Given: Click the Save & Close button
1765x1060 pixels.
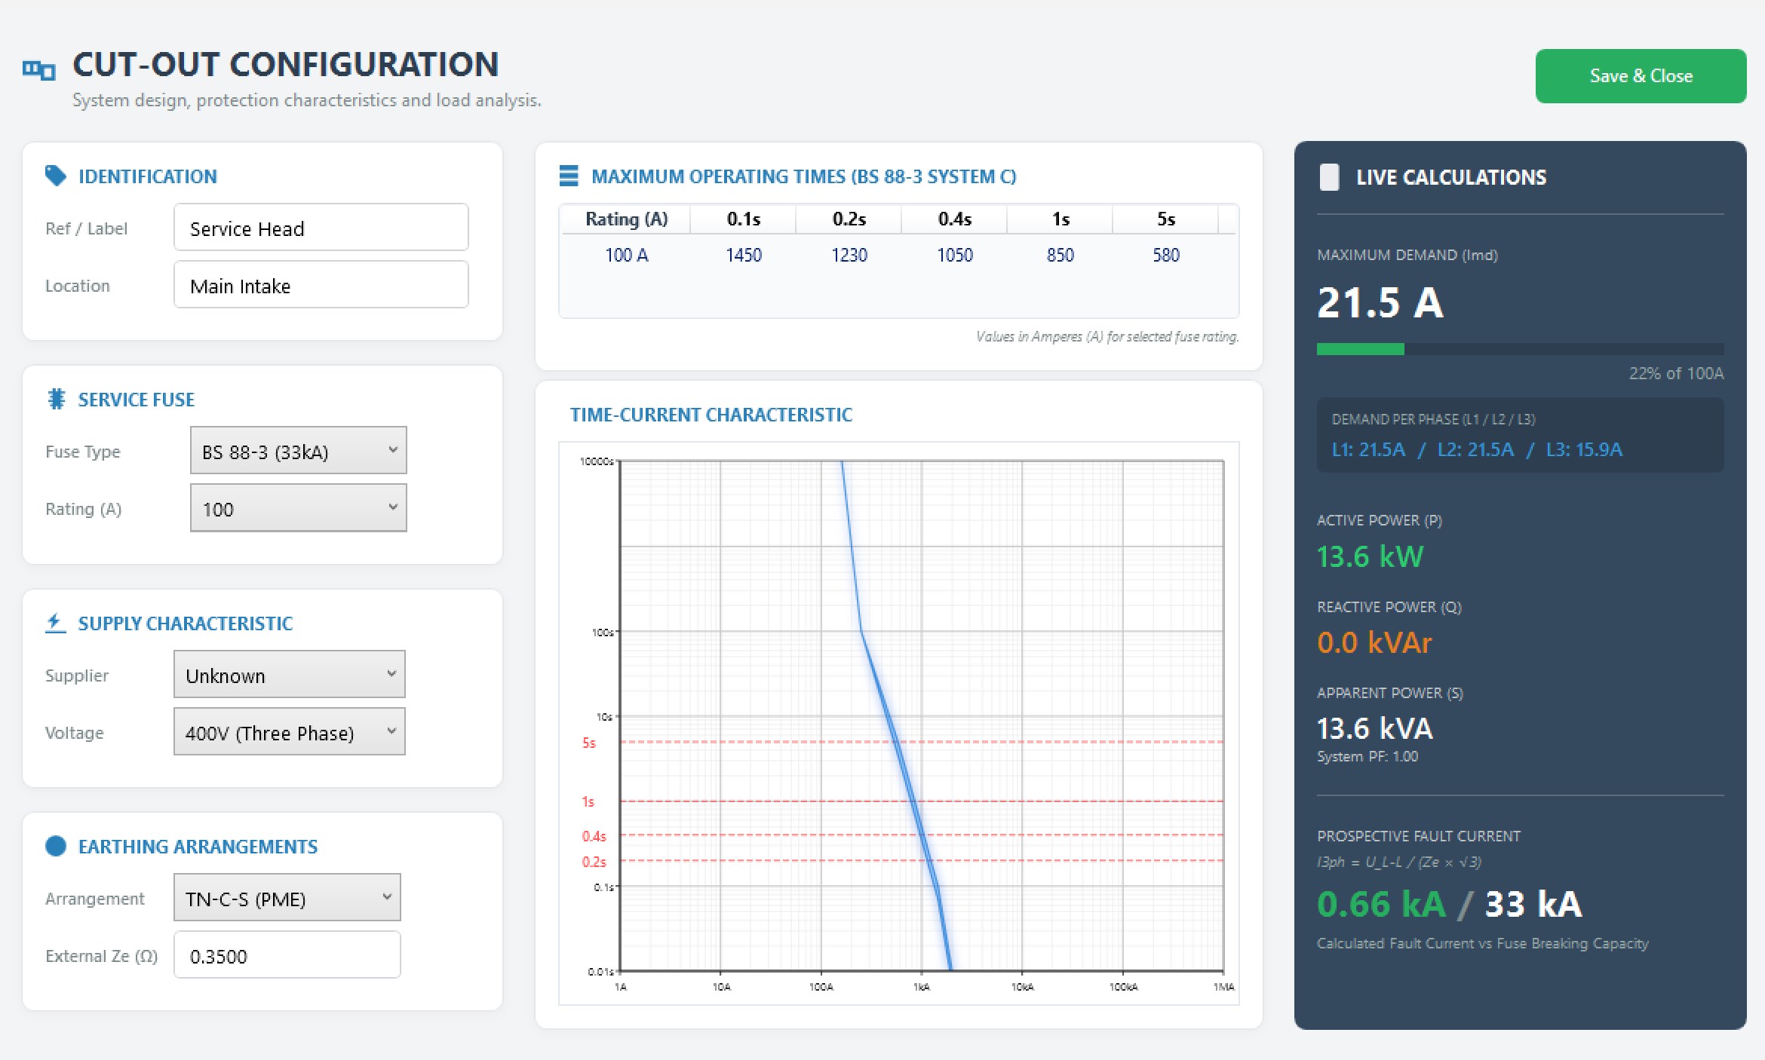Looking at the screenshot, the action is point(1641,76).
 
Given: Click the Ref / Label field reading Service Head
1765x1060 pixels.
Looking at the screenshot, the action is point(321,228).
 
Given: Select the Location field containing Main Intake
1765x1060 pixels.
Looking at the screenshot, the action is point(321,285).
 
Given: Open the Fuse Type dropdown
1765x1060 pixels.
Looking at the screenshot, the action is point(299,451).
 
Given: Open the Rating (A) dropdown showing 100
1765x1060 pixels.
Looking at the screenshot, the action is point(299,508).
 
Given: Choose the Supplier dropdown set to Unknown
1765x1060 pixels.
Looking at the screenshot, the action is point(290,675).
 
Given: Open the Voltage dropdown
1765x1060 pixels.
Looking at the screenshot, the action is point(290,732).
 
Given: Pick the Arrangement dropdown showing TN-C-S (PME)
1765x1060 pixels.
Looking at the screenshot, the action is point(287,898).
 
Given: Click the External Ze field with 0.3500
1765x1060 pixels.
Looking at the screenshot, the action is point(287,955).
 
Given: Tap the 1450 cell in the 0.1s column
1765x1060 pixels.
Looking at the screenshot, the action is point(744,256).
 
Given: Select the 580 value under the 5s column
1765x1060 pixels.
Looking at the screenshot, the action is point(1166,256).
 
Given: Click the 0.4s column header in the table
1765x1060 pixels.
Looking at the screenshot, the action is point(955,219).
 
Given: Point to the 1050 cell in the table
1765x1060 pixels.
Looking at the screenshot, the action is point(955,256).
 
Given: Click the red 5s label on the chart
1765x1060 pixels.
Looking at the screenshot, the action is point(589,743).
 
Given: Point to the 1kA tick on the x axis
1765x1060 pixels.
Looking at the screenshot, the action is point(922,987).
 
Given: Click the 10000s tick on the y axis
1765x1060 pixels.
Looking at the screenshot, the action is point(597,461).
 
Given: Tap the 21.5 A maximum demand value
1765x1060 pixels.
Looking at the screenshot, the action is point(1380,303).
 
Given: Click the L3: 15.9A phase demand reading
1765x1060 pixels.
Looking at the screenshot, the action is point(1584,450).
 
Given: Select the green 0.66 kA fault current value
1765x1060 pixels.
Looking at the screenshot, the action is point(1382,904).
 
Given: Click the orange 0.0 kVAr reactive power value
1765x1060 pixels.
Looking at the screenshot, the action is point(1374,643).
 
